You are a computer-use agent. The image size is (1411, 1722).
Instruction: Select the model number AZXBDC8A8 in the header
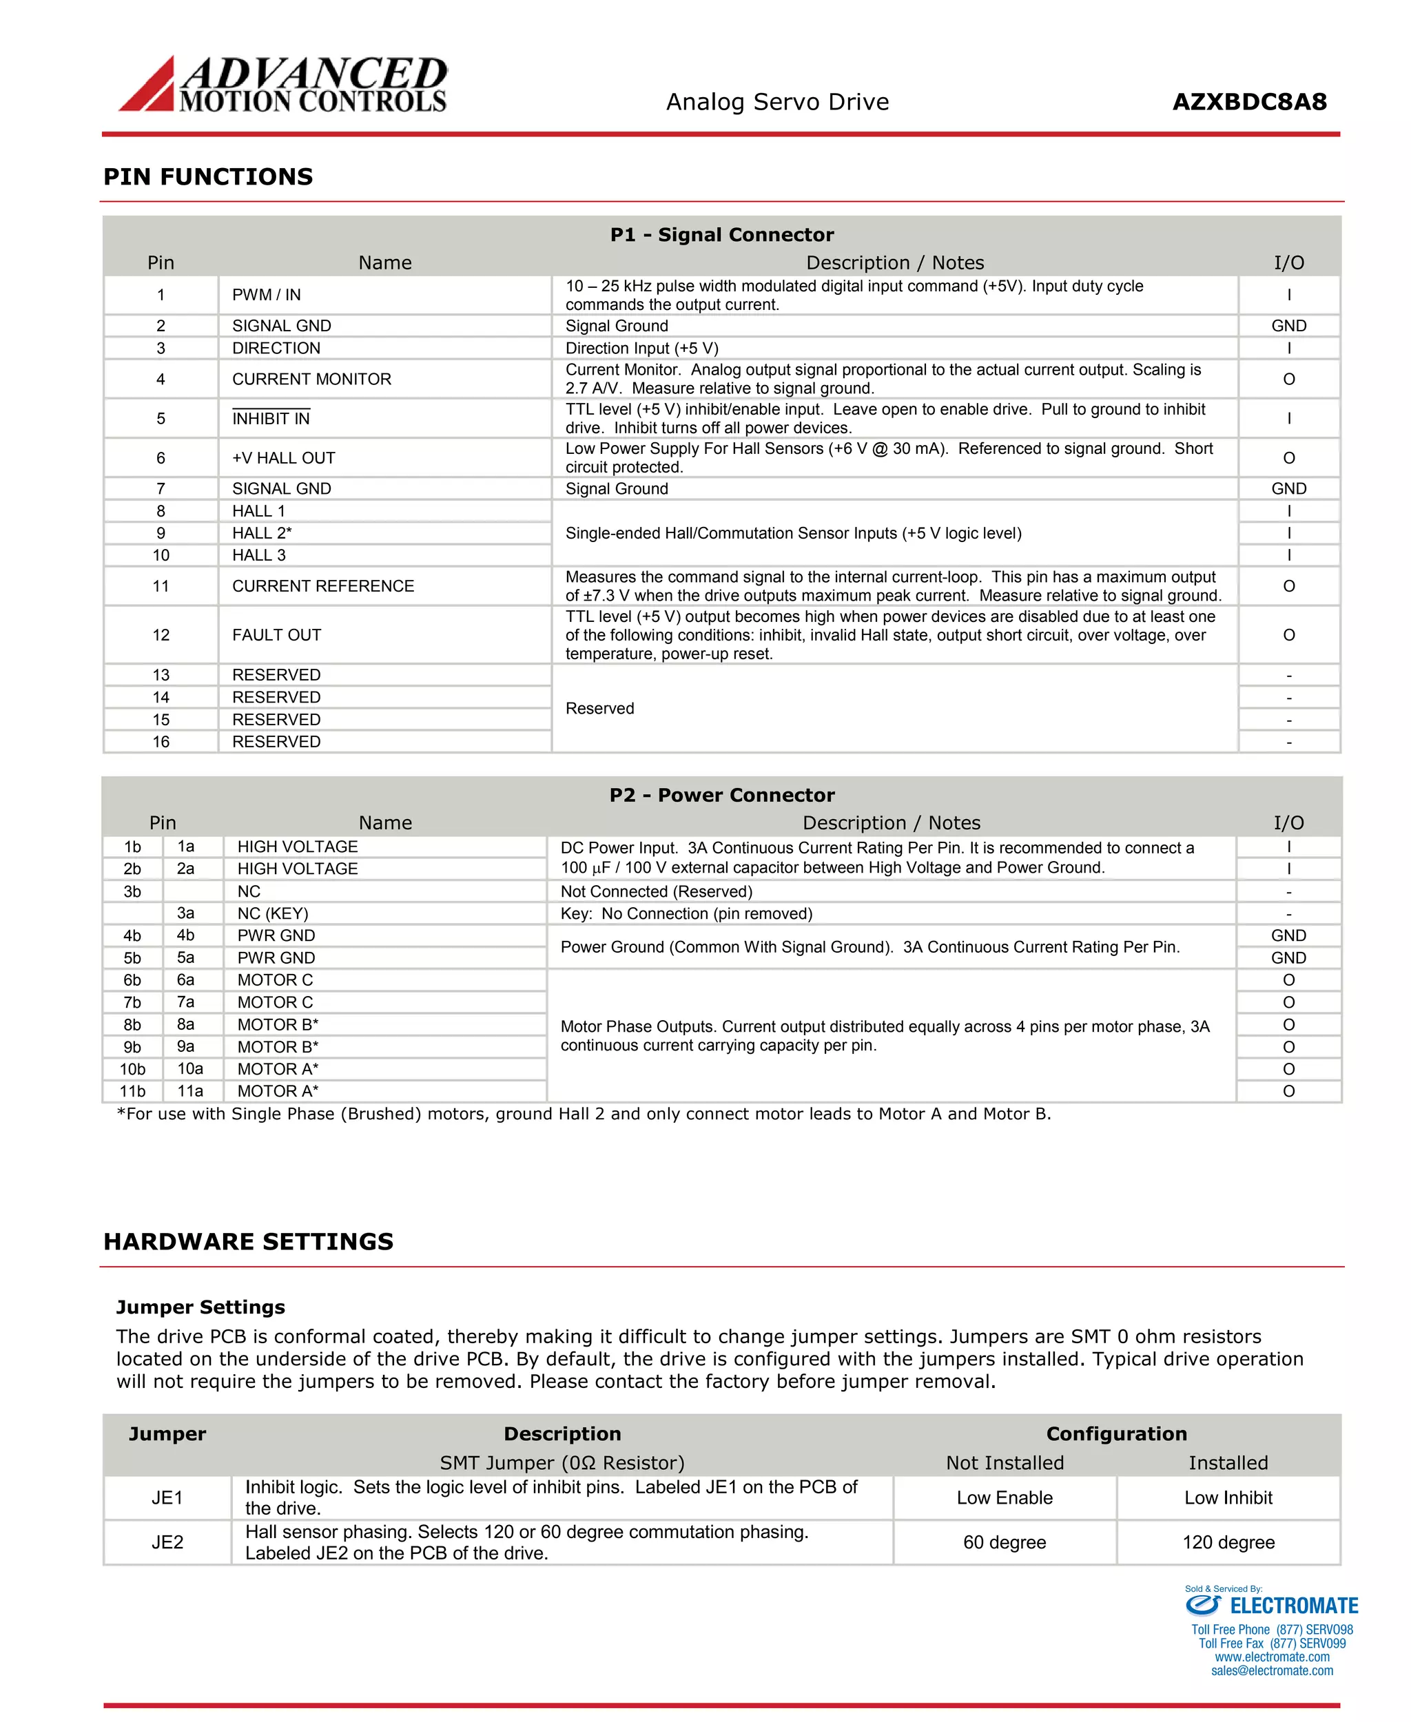(x=1249, y=103)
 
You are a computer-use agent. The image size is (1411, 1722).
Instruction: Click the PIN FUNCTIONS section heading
(x=208, y=176)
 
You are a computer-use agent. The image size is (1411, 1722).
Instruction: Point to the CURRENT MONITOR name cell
(x=311, y=380)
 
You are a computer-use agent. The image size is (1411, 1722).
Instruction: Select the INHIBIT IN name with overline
(x=271, y=419)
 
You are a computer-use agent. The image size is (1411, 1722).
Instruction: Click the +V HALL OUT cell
(x=284, y=458)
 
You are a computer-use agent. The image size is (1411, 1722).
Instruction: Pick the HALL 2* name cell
(x=262, y=533)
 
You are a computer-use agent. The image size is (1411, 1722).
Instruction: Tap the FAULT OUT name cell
(x=276, y=634)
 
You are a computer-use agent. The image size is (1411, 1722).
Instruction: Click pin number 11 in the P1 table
(x=161, y=586)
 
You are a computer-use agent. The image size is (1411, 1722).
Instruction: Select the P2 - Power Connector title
(x=722, y=795)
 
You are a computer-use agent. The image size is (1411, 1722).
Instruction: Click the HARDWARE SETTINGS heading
(x=248, y=1242)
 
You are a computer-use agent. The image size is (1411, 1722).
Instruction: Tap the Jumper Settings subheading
(x=200, y=1307)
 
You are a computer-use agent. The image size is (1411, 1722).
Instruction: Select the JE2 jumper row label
(x=167, y=1542)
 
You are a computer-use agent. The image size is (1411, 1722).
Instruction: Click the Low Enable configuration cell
(x=1005, y=1497)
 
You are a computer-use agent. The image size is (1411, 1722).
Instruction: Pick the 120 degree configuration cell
(x=1228, y=1542)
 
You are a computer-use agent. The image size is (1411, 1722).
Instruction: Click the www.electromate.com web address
(x=1272, y=1657)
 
